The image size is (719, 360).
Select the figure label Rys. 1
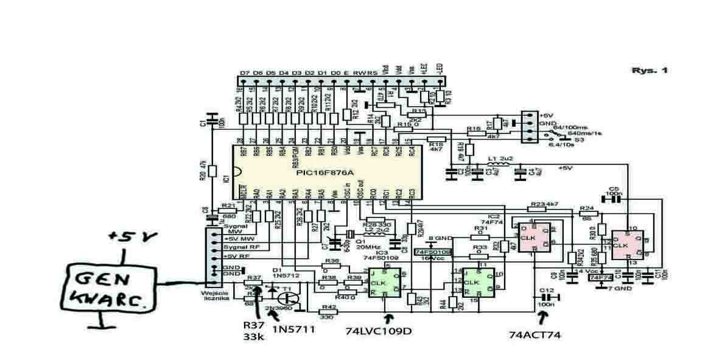point(650,71)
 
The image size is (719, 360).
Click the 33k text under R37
point(254,337)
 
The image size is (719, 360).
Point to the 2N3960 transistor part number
point(276,309)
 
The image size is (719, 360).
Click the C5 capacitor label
point(614,189)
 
